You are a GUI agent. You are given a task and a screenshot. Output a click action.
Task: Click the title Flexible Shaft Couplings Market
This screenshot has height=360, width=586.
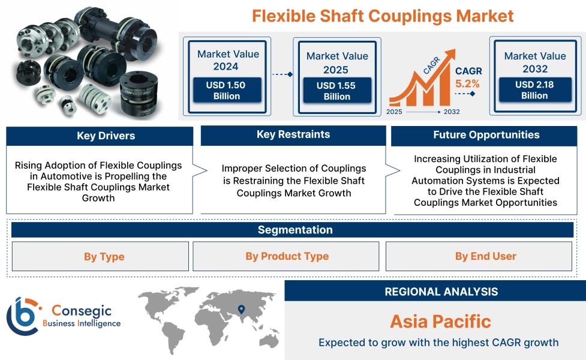[383, 16]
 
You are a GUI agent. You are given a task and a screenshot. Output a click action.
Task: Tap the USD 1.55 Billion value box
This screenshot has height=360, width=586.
[336, 91]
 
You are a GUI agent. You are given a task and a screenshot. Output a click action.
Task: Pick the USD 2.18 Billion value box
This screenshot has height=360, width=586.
[534, 90]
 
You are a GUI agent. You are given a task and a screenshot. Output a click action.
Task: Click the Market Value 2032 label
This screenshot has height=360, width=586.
[534, 62]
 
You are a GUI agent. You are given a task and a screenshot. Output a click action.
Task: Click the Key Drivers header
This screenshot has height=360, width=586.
[100, 136]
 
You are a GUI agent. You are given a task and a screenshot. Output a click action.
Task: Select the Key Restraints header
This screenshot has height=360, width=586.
[293, 135]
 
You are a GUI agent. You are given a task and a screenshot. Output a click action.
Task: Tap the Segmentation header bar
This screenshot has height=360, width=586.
[294, 230]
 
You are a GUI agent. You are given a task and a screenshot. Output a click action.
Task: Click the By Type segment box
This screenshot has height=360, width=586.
[100, 257]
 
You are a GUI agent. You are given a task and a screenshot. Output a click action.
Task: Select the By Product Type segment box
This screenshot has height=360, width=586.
[287, 256]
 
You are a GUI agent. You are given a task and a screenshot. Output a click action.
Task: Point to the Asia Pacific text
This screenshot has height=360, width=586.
[440, 321]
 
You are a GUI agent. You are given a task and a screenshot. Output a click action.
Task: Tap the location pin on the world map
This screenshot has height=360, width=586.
[241, 310]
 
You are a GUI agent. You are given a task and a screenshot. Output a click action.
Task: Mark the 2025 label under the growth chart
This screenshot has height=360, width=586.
[394, 112]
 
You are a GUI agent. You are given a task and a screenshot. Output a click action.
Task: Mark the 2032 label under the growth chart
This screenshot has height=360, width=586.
[451, 112]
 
